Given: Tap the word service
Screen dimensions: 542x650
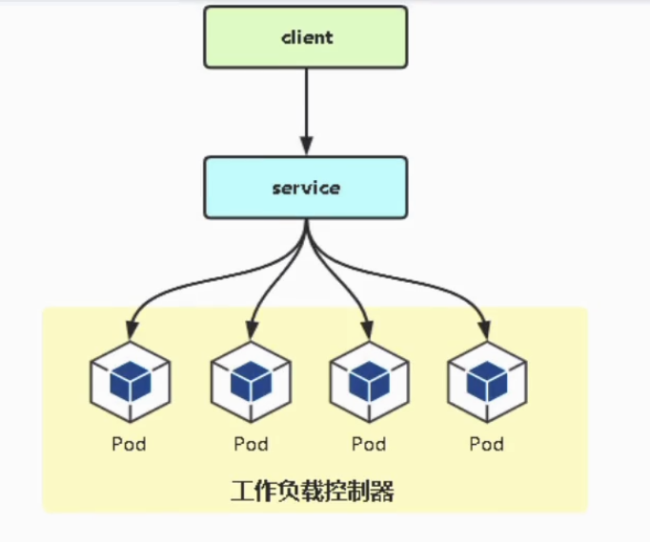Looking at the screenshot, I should click(306, 188).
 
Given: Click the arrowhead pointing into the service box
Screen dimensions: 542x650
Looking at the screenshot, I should click(306, 147).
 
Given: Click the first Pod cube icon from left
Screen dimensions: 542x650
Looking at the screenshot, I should click(130, 384).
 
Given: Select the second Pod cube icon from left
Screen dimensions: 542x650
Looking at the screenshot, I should click(250, 384).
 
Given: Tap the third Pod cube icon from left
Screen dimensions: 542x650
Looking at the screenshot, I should click(369, 384).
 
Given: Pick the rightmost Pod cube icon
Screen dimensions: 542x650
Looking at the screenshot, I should click(487, 384).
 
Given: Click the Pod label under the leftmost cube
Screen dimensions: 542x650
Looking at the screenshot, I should click(130, 444).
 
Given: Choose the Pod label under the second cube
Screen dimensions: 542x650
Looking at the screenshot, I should click(250, 444).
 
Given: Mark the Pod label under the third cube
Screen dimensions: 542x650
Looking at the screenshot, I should click(369, 444).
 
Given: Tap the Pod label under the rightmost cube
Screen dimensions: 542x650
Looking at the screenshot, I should click(487, 444).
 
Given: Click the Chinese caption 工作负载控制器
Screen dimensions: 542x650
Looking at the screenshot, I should click(313, 492).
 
